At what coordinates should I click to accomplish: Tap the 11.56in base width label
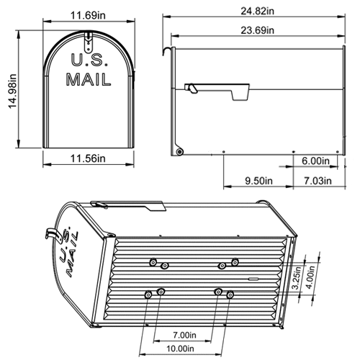pyautogui.click(x=89, y=158)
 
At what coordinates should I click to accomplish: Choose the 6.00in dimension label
pyautogui.click(x=316, y=161)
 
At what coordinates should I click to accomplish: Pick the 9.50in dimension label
pyautogui.click(x=258, y=180)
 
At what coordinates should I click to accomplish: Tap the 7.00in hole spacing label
pyautogui.click(x=186, y=335)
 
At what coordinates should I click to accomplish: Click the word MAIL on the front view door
pyautogui.click(x=89, y=79)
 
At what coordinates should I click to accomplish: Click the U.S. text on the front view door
pyautogui.click(x=89, y=60)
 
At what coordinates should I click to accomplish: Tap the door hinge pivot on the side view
pyautogui.click(x=179, y=150)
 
